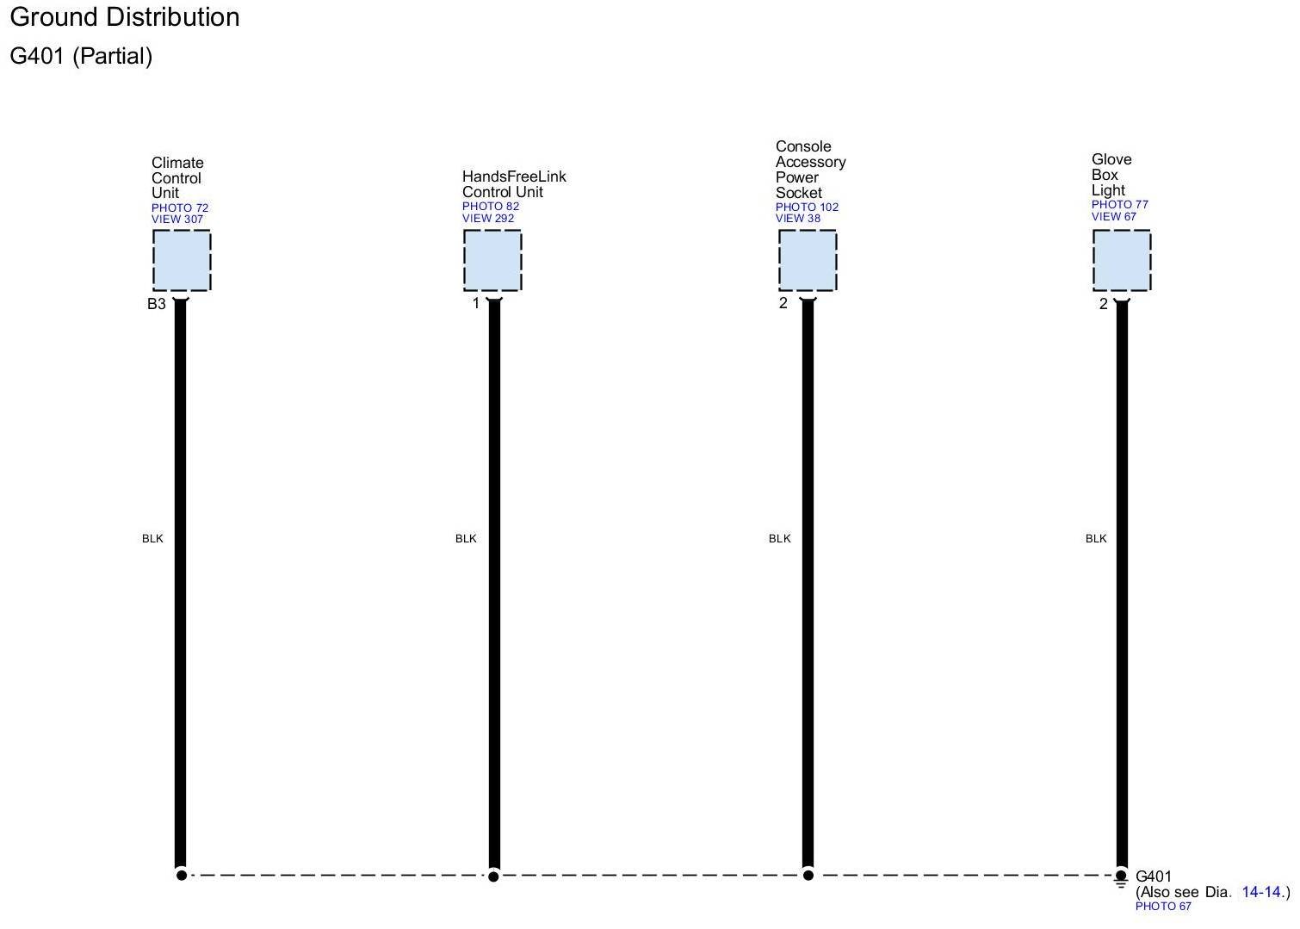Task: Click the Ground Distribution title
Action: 125,17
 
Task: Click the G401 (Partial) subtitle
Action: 81,56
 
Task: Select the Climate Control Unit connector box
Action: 182,261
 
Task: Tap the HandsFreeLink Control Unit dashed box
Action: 492,261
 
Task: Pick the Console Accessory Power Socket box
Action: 808,261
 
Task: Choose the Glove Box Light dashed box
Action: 1122,261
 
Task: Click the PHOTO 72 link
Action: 180,207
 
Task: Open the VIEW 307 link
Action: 177,220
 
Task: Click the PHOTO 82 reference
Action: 491,207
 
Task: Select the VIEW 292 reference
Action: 488,219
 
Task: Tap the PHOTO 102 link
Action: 807,207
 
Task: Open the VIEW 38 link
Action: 798,219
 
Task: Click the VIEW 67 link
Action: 1114,217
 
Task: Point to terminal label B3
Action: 156,304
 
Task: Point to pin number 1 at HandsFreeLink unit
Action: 475,304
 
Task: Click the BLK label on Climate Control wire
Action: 152,539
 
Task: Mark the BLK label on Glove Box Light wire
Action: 1096,539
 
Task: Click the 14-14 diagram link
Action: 1262,892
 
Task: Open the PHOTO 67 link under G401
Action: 1163,907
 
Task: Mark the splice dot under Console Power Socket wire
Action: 808,875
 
